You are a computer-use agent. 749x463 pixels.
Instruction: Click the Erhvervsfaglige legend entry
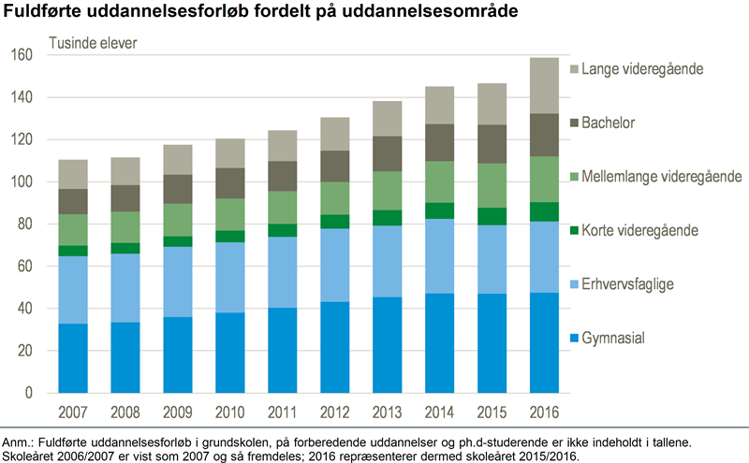click(628, 283)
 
